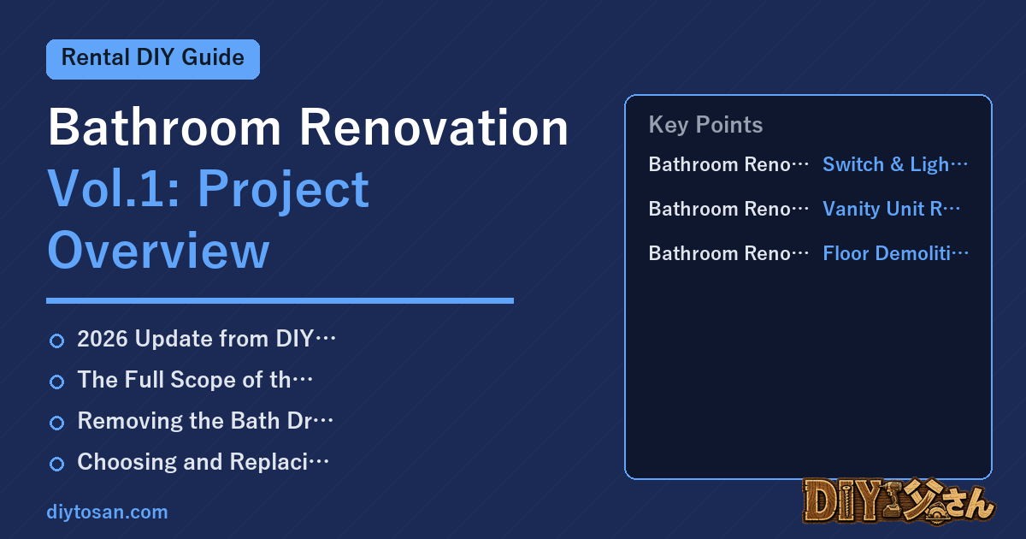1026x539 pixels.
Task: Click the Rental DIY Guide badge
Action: point(153,59)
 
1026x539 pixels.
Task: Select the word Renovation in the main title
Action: point(433,127)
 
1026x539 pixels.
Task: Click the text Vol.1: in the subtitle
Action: point(114,189)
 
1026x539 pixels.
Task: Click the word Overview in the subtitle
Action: point(158,251)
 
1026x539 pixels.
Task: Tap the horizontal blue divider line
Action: point(280,300)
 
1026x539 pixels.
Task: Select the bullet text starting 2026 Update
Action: point(207,339)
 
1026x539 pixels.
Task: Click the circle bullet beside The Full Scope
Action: point(56,382)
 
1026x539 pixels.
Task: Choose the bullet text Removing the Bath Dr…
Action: point(205,421)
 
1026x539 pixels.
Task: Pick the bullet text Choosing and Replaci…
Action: point(203,462)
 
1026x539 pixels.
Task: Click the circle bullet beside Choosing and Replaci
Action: point(56,464)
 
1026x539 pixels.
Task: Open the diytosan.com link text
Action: point(107,512)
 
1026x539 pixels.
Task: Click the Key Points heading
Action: point(705,125)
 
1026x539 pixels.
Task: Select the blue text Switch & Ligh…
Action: point(895,164)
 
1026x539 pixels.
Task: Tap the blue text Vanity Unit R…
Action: point(891,209)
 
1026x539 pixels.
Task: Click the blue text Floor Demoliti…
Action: point(895,253)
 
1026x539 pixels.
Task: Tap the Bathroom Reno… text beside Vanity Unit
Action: point(728,209)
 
